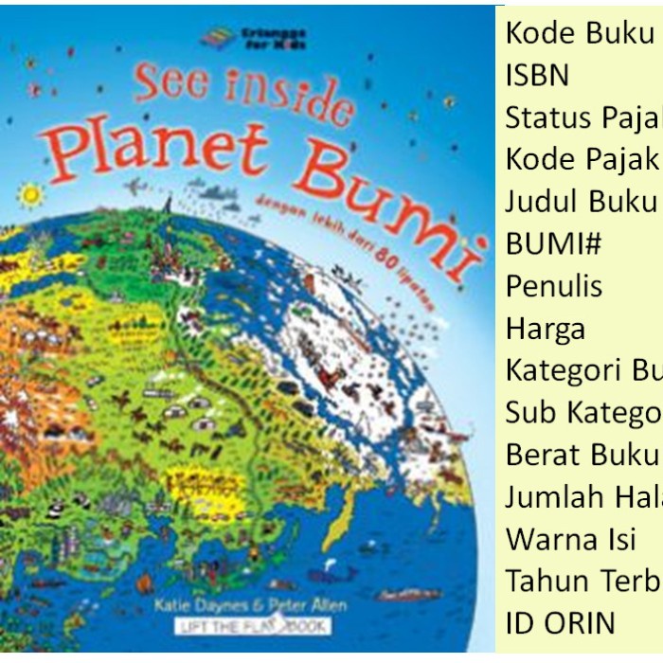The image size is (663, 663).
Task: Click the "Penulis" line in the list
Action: [x=554, y=286]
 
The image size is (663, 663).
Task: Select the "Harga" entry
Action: [x=546, y=329]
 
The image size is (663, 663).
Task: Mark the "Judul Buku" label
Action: [x=580, y=202]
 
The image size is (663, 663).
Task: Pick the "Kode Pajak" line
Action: [x=580, y=159]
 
